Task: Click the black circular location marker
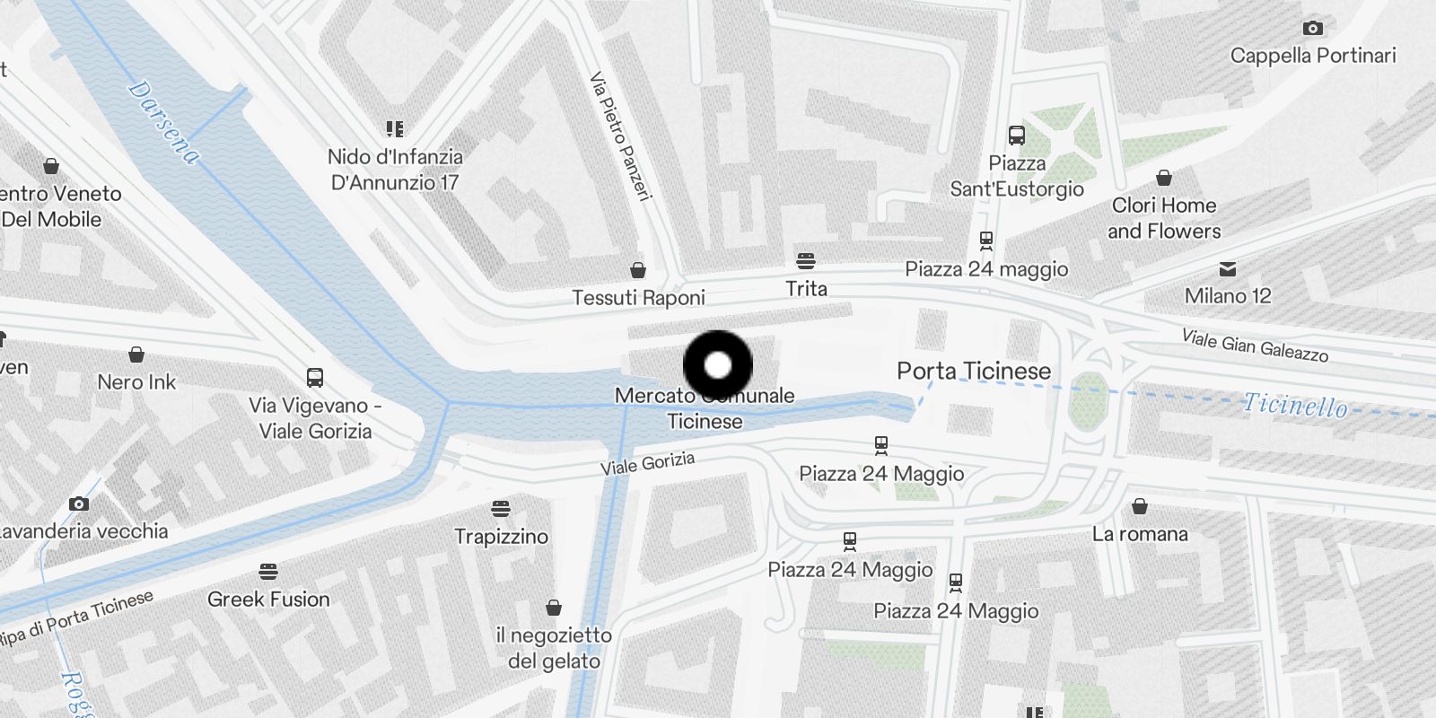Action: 718,365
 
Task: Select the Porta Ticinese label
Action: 974,371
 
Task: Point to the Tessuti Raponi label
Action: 638,297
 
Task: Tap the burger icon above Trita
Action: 806,261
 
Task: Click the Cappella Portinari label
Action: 1313,56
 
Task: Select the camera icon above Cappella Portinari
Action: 1313,29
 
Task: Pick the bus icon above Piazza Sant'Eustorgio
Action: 1017,136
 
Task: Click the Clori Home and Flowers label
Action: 1164,218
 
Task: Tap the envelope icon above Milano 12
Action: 1228,269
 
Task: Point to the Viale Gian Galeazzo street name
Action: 1255,346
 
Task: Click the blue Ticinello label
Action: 1294,406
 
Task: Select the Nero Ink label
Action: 136,382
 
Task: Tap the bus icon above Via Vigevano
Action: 314,378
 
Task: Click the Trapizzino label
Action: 501,537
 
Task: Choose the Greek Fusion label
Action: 268,600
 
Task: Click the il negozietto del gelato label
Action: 554,648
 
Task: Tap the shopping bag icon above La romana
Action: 1140,507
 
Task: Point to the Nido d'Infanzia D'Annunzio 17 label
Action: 395,170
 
